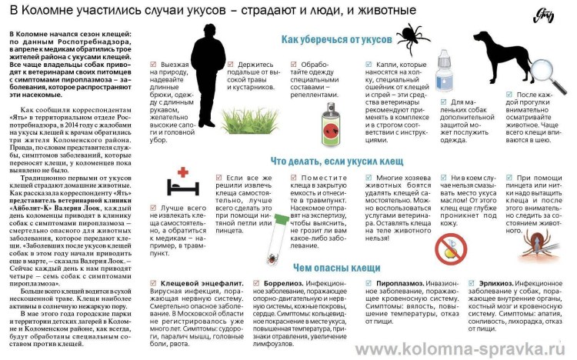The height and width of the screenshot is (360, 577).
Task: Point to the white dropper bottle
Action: coord(444,69)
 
